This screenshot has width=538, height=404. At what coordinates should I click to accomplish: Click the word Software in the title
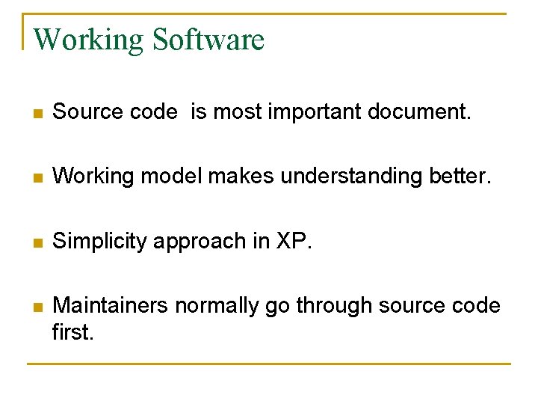pyautogui.click(x=208, y=40)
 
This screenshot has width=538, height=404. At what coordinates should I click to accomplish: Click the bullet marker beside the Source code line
pyautogui.click(x=37, y=114)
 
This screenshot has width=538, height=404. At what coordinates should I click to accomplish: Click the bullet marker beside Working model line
pyautogui.click(x=37, y=178)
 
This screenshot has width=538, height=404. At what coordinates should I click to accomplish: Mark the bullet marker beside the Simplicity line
pyautogui.click(x=37, y=242)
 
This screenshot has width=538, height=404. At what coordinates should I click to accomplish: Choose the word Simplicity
pyautogui.click(x=101, y=241)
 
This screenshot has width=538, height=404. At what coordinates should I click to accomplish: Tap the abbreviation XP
pyautogui.click(x=292, y=241)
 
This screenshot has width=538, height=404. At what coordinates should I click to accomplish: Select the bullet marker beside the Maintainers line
pyautogui.click(x=37, y=307)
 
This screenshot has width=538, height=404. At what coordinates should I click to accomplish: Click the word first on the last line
pyautogui.click(x=72, y=331)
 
